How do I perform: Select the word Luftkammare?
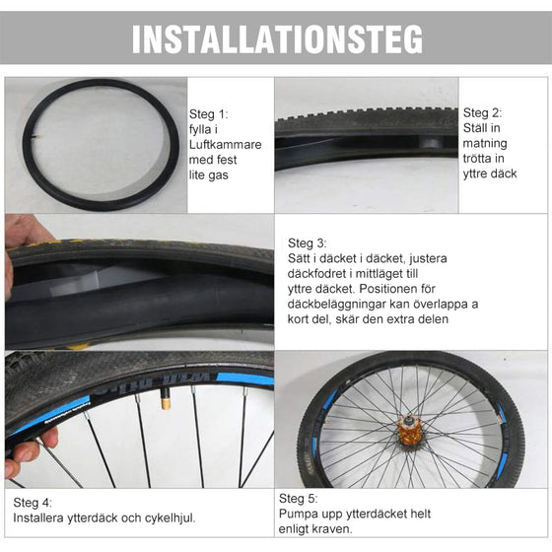(x=226, y=144)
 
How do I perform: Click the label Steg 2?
(x=482, y=112)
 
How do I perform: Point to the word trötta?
(x=479, y=159)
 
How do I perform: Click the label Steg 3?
(x=307, y=242)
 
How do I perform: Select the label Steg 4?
(x=32, y=501)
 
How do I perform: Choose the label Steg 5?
(x=298, y=499)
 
